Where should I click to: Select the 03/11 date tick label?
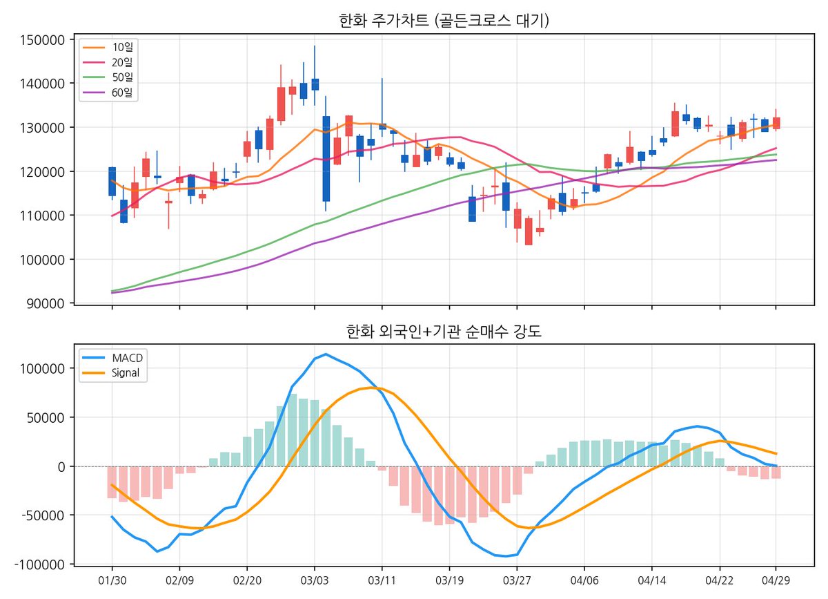(382, 580)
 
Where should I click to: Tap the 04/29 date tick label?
(776, 580)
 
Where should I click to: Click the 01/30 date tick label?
(112, 580)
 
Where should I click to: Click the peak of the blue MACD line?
(326, 354)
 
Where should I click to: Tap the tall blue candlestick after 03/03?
(326, 159)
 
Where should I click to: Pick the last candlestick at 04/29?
(776, 123)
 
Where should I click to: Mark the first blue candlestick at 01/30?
(112, 181)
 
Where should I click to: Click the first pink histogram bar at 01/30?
(112, 482)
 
